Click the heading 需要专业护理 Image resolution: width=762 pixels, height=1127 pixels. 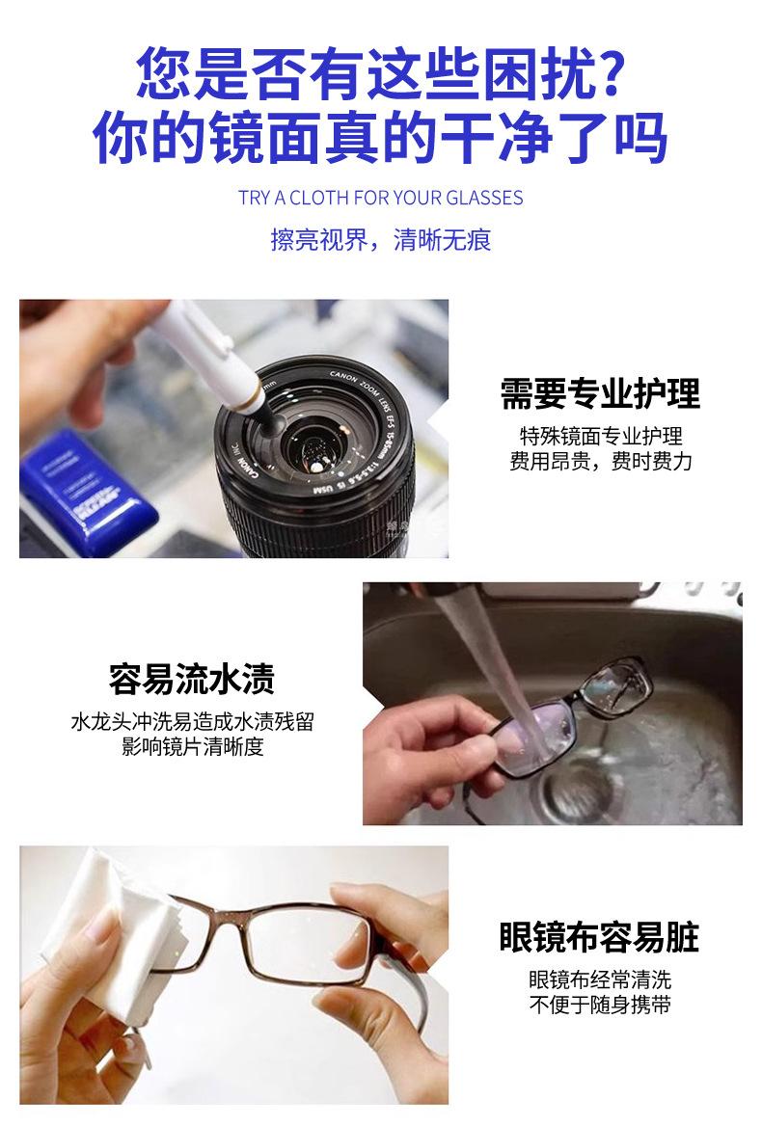(600, 393)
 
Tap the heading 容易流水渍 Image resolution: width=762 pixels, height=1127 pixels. (192, 679)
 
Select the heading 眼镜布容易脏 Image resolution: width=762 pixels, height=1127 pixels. (600, 937)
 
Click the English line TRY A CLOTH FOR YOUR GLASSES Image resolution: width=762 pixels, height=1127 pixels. (380, 198)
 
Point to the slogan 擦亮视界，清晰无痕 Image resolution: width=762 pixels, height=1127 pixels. (380, 239)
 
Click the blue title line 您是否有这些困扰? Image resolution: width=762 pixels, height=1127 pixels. (380, 73)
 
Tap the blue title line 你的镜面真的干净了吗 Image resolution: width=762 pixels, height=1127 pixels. (380, 137)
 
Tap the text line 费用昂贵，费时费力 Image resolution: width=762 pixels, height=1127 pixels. (600, 462)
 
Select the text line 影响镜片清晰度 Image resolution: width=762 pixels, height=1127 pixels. (193, 747)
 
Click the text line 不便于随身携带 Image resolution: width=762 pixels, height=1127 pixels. (600, 1005)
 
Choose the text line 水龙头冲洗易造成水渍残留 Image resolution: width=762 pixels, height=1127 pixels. (193, 722)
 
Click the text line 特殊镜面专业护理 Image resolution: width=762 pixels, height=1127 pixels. (601, 437)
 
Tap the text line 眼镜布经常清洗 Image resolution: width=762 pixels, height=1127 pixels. (600, 979)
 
